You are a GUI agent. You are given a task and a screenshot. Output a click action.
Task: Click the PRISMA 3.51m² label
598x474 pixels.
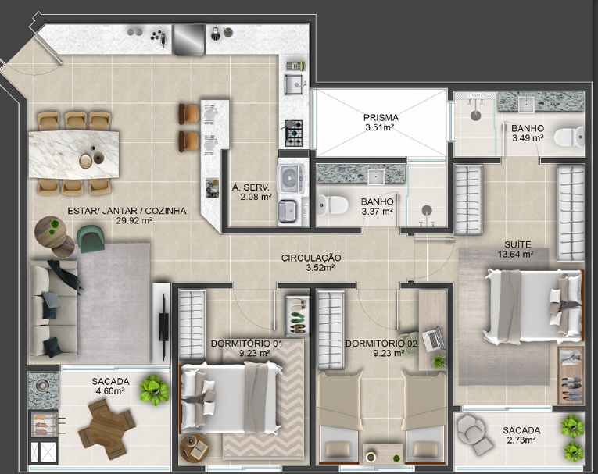381,123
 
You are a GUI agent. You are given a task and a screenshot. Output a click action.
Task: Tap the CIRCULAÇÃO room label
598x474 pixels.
311,258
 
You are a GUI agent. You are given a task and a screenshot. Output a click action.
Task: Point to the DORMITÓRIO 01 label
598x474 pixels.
247,344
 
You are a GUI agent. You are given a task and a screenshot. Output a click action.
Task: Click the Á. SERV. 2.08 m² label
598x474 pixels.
252,192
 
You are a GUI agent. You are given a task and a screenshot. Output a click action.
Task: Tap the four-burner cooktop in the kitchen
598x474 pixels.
294,133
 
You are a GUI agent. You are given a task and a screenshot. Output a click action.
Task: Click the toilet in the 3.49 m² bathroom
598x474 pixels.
568,137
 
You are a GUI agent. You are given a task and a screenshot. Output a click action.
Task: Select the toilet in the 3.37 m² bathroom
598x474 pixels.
332,205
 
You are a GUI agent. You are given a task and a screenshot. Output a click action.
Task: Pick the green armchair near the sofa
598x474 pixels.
91,238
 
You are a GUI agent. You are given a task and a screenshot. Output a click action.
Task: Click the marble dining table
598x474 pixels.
73,155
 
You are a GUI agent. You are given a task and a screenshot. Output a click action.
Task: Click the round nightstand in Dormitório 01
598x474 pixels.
194,448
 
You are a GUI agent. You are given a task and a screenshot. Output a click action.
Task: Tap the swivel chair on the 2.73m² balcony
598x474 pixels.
474,433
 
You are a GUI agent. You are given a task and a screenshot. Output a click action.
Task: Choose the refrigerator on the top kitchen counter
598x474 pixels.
189,40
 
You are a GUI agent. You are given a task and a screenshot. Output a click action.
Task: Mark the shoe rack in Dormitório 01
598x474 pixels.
297,316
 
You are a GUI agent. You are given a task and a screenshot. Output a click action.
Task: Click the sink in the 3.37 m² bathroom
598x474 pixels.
376,176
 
